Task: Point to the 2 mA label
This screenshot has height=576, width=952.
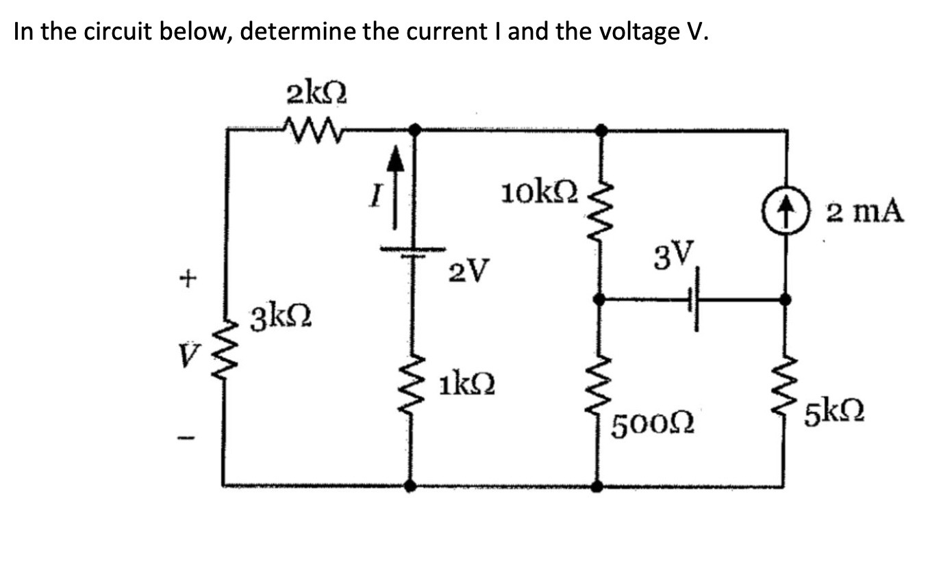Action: coord(864,211)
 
